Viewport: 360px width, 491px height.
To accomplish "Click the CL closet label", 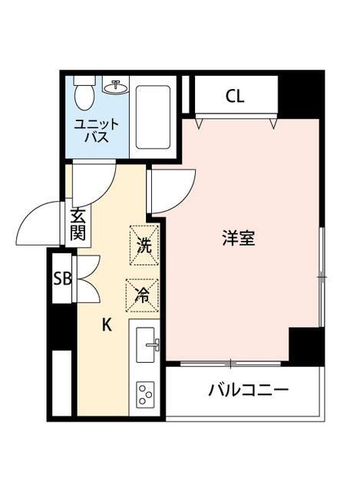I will pyautogui.click(x=234, y=97).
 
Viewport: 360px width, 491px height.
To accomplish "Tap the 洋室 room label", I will pyautogui.click(x=238, y=239).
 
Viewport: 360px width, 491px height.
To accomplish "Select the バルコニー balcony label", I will pyautogui.click(x=248, y=390).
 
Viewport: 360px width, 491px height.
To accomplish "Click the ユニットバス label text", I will pyautogui.click(x=96, y=131).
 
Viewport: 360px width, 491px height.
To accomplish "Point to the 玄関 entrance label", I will pyautogui.click(x=78, y=224).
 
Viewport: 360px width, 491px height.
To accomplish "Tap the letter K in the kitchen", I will pyautogui.click(x=107, y=325).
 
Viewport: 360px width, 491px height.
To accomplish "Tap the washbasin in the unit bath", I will pyautogui.click(x=117, y=87).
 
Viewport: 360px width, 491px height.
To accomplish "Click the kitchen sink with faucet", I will pyautogui.click(x=147, y=346).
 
